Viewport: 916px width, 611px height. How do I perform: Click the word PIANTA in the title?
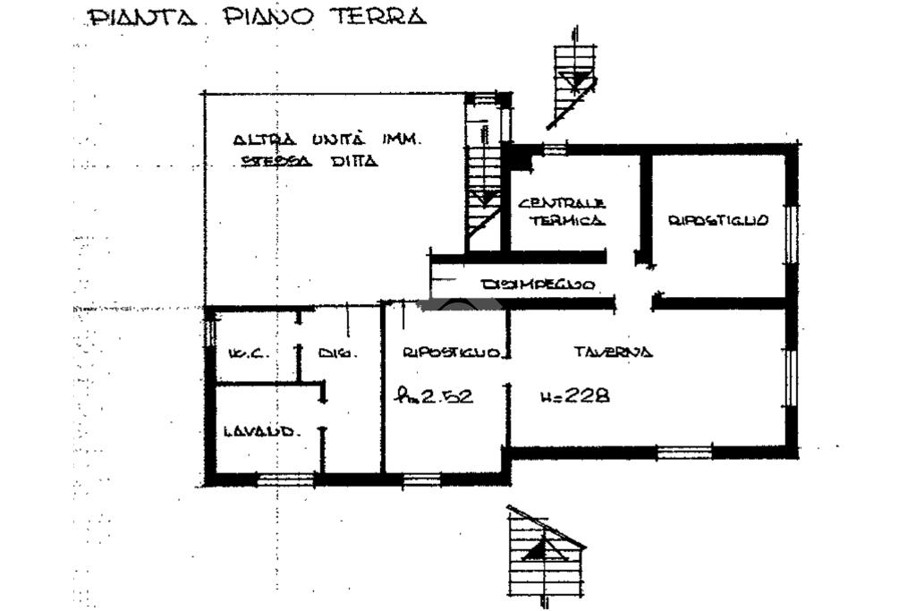[141, 18]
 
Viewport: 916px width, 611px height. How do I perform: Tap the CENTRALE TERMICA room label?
[562, 211]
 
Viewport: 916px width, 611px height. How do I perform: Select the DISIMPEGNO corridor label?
[539, 284]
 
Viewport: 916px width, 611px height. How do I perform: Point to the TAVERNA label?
[613, 352]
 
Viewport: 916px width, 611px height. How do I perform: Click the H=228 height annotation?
[575, 395]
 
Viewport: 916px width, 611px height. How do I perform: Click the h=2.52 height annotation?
[436, 395]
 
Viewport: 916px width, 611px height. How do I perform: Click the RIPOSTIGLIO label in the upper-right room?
[718, 220]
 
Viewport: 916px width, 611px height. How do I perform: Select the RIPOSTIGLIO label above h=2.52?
[451, 352]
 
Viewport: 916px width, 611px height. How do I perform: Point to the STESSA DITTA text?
[310, 162]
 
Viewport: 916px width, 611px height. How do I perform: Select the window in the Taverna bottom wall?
[684, 452]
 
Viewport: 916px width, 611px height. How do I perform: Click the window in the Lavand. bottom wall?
[285, 479]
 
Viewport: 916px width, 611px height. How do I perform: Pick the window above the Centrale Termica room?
[556, 149]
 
